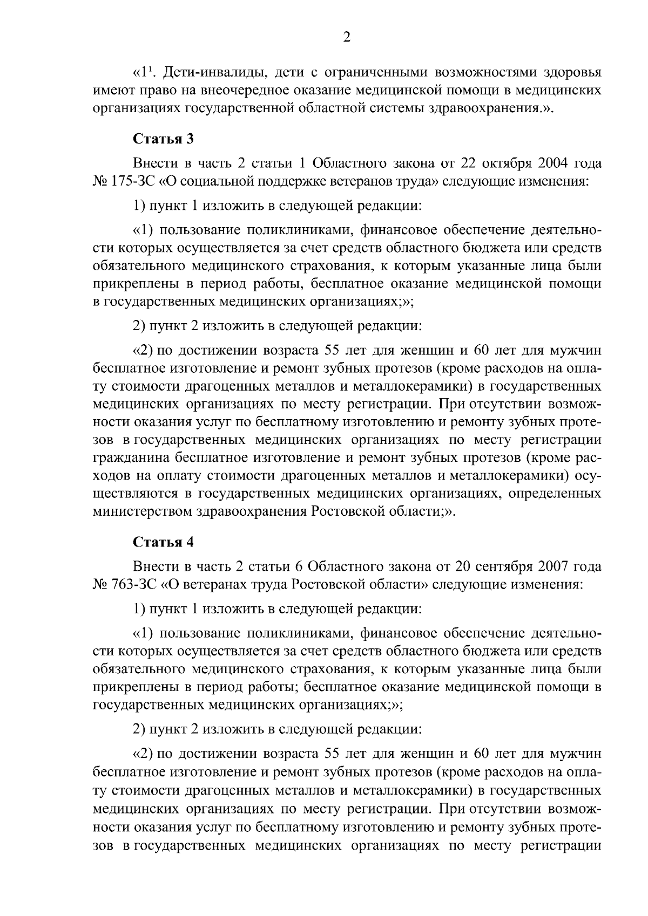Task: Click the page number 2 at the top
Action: click(x=347, y=37)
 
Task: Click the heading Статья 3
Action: click(x=163, y=139)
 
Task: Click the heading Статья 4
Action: click(x=163, y=542)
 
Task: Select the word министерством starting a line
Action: click(x=143, y=511)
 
